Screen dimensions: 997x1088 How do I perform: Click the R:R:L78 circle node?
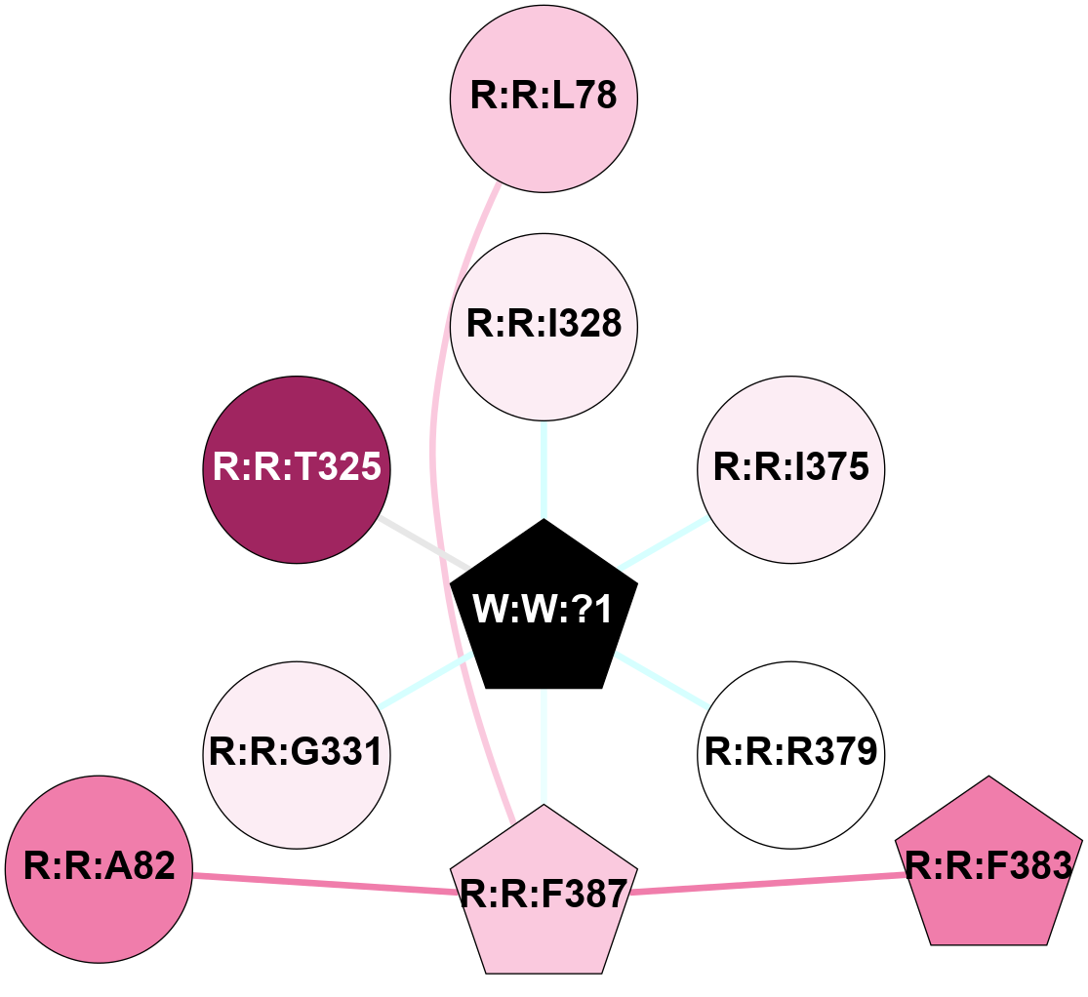[544, 98]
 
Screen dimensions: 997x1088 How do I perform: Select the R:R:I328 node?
[544, 323]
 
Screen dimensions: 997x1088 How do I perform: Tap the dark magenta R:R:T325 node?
[297, 468]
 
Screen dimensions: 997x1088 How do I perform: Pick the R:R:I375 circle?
[790, 468]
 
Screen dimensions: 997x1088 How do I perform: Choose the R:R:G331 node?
[297, 753]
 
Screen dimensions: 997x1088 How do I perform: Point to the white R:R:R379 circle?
[790, 753]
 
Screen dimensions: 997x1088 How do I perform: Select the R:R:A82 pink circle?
[99, 867]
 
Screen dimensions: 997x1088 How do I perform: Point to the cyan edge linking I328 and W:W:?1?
[544, 468]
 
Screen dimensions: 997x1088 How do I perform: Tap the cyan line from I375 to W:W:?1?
[664, 541]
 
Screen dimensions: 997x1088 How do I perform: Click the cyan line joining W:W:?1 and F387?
[544, 746]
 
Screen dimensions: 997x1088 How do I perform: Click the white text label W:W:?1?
[543, 611]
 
